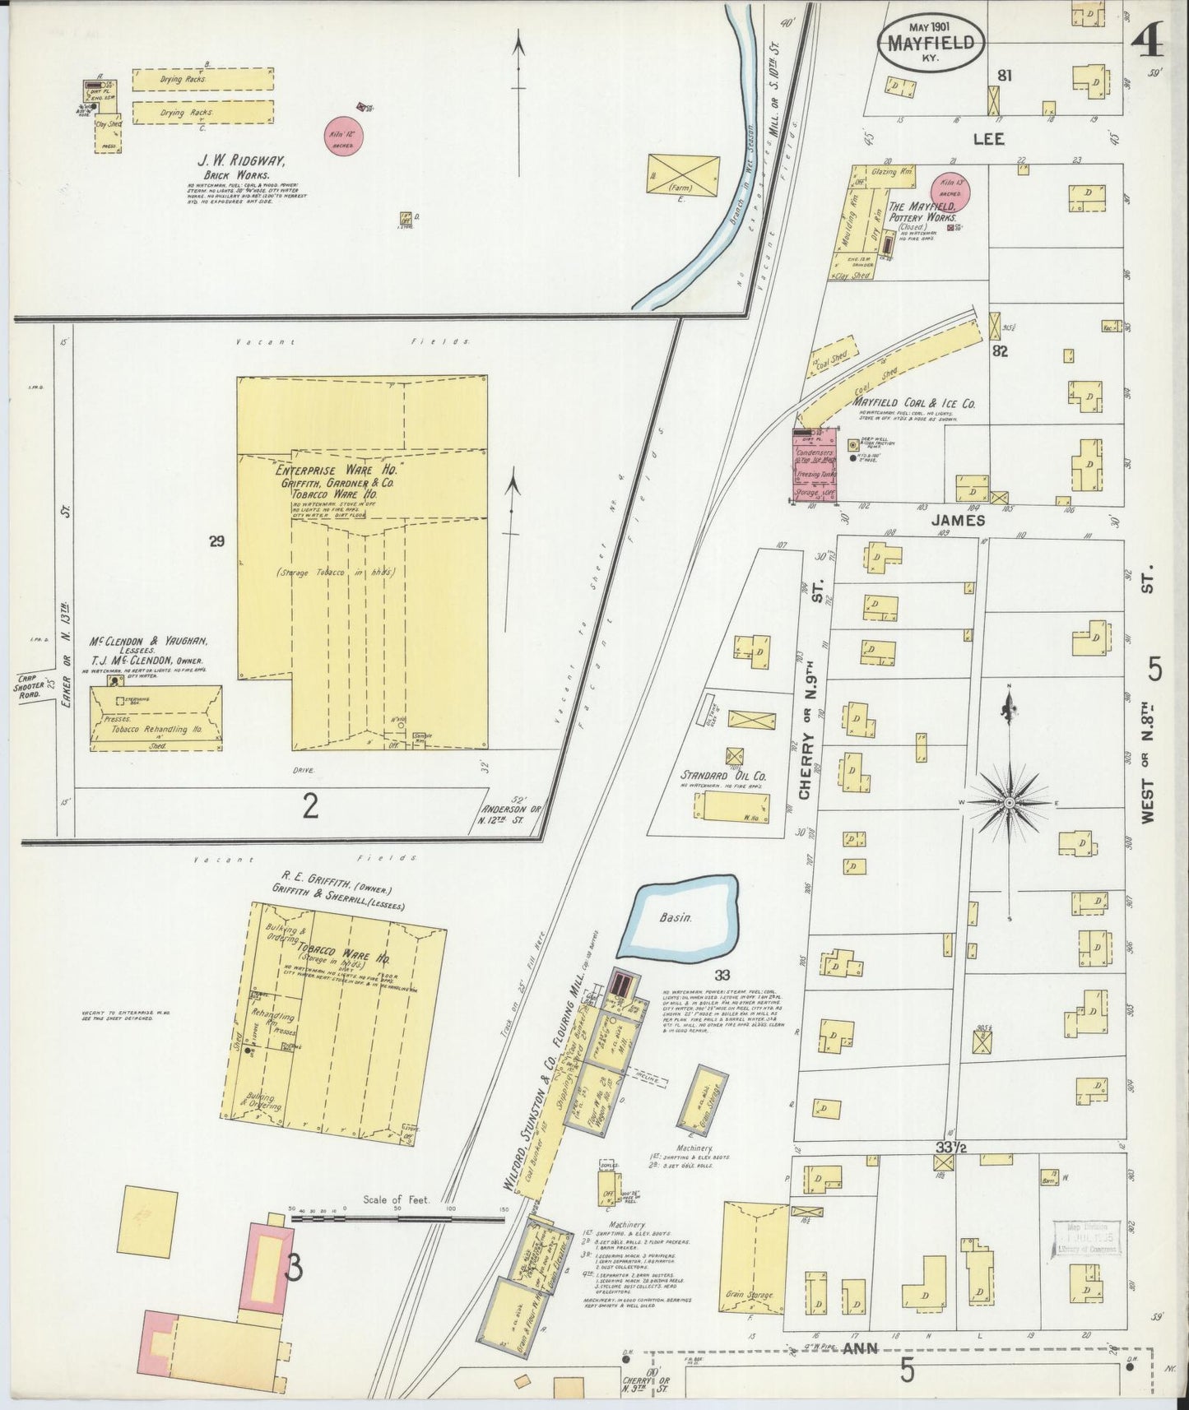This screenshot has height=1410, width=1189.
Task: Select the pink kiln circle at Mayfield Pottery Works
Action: coord(950,190)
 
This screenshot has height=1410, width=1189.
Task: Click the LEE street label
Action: coord(987,139)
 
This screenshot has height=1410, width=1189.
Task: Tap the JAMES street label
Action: coord(958,520)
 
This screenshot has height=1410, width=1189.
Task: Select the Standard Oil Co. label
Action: coord(723,775)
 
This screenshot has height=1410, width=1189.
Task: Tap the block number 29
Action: coord(216,541)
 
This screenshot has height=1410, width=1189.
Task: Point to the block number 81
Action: coord(1004,76)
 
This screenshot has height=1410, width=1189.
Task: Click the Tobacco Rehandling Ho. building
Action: coord(156,718)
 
